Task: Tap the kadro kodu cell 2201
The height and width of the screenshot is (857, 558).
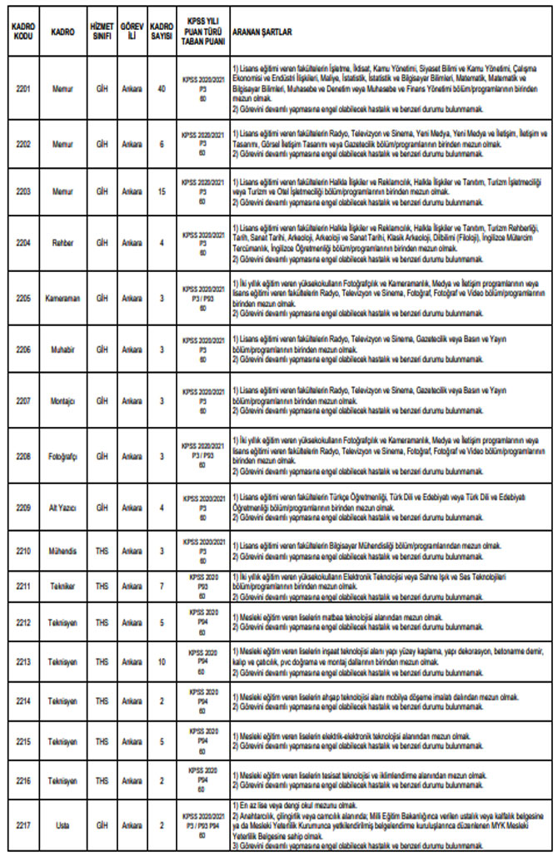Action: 22,87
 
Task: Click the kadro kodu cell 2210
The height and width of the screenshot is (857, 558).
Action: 22,551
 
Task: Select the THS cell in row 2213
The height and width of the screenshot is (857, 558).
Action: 102,661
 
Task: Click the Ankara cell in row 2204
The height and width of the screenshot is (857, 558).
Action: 131,243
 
